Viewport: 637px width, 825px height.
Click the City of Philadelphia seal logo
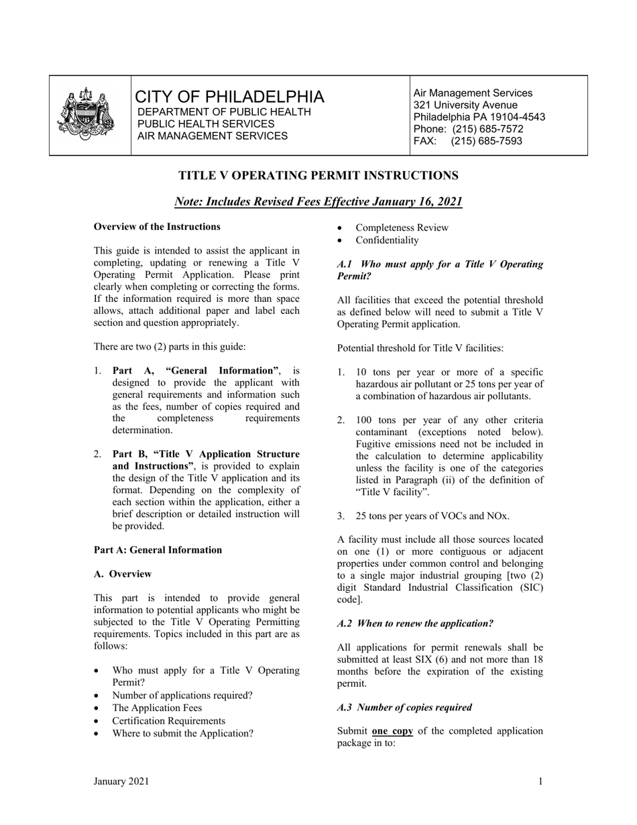coord(84,113)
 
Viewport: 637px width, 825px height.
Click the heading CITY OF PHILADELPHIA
coord(230,97)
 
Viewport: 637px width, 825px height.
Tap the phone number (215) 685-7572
coord(487,129)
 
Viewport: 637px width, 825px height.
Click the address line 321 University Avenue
coord(465,105)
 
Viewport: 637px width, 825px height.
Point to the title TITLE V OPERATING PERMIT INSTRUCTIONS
coord(318,176)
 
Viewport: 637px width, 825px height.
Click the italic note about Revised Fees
coord(318,201)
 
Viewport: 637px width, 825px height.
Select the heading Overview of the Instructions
coord(157,227)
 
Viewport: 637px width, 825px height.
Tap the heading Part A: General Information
coord(158,550)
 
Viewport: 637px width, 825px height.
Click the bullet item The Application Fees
coord(157,708)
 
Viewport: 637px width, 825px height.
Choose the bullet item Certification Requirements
coord(169,721)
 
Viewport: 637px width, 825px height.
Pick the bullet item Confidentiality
coord(387,240)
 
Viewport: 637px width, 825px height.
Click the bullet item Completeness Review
coord(402,227)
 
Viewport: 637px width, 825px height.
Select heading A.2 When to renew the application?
coord(415,623)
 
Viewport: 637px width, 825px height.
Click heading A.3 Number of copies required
coord(404,707)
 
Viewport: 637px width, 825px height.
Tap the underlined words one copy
coord(392,731)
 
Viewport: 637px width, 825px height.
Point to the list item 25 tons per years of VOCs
coord(432,516)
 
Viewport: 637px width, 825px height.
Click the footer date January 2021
coord(121,781)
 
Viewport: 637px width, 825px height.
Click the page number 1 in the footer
coord(540,781)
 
